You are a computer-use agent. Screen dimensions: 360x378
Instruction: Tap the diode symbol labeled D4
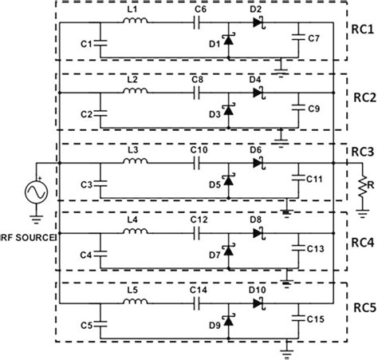tap(257, 93)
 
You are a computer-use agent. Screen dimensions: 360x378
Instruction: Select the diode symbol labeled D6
tap(257, 163)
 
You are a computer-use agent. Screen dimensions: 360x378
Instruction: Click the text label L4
tap(132, 219)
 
